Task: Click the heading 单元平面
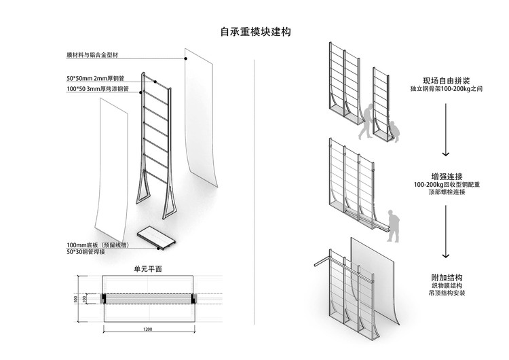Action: click(148, 268)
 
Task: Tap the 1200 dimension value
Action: click(149, 329)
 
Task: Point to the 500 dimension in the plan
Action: click(76, 299)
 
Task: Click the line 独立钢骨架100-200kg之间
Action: click(445, 89)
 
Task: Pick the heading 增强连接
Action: click(445, 175)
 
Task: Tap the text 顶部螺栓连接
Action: click(445, 194)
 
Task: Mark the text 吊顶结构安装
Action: click(445, 297)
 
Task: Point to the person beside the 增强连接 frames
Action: click(392, 226)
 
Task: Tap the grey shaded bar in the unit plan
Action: click(149, 299)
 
